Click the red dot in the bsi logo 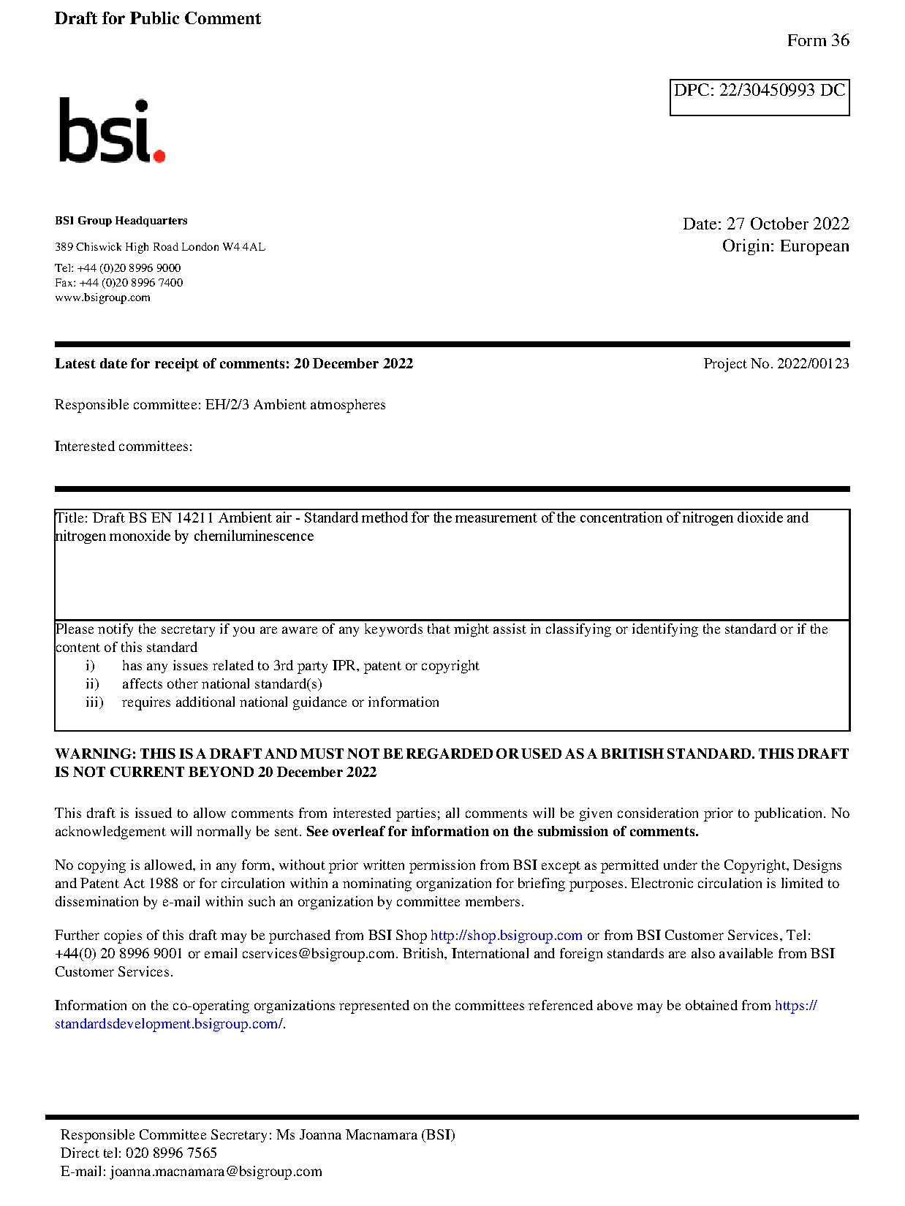point(159,155)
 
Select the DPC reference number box point(759,97)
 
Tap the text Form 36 point(817,41)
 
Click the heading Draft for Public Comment point(157,19)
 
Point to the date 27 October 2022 point(787,224)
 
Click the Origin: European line point(785,246)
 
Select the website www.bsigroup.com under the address point(102,297)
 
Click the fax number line point(118,283)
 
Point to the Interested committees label point(123,447)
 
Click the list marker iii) point(94,702)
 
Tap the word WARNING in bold point(95,754)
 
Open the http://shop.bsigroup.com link point(506,936)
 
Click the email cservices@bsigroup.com point(318,954)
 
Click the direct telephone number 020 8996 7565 point(171,1153)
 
